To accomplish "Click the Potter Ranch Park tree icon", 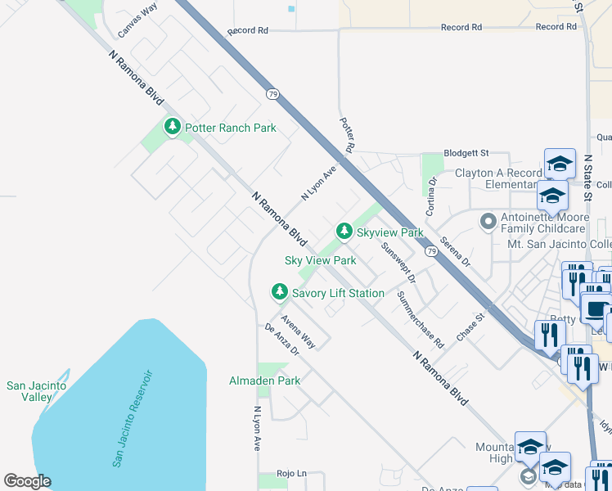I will (172, 127).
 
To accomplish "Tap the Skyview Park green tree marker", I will (344, 232).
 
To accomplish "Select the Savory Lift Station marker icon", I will (280, 292).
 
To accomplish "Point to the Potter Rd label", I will (348, 135).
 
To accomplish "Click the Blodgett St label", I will (466, 153).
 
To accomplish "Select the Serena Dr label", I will (455, 253).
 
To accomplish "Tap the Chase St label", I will (471, 326).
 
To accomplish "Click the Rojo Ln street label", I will (290, 473).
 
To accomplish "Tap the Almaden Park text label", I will (264, 381).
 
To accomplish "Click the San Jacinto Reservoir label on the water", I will (133, 418).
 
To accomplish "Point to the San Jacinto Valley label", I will (29, 391).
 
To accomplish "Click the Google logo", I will (26, 481).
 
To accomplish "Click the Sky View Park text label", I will (320, 260).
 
